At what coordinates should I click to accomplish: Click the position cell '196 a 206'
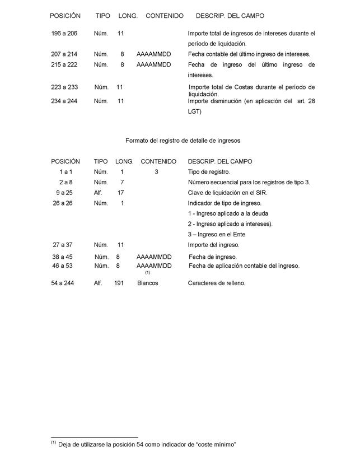[x=64, y=34]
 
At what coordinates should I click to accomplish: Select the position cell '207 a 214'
[x=64, y=54]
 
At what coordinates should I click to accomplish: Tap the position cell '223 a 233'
[x=65, y=87]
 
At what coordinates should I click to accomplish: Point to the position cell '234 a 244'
[x=64, y=101]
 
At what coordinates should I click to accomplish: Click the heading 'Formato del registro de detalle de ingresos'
[x=183, y=140]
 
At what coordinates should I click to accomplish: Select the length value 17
[x=120, y=193]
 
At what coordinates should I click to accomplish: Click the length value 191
[x=119, y=283]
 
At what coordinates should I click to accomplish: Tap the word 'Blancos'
[x=148, y=283]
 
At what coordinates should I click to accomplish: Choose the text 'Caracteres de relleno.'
[x=217, y=283]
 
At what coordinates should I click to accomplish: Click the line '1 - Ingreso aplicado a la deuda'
[x=228, y=213]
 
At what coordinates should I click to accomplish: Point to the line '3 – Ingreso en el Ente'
[x=216, y=234]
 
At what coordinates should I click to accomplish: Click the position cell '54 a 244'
[x=63, y=283]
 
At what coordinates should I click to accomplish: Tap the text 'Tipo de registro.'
[x=209, y=172]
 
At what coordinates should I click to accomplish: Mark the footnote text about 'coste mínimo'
[x=147, y=444]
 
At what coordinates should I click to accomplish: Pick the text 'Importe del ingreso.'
[x=214, y=245]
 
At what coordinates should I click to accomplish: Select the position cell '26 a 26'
[x=63, y=203]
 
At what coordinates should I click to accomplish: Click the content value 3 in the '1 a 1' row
[x=157, y=172]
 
